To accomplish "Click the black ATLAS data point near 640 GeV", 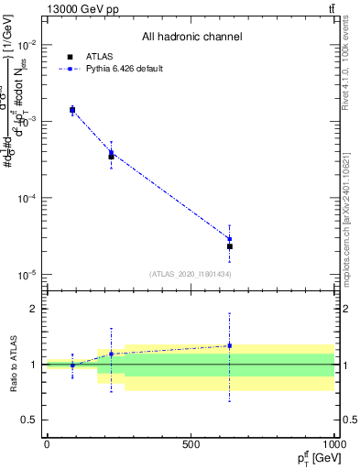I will click(x=230, y=246).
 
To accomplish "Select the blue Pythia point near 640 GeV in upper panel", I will click(x=230, y=239).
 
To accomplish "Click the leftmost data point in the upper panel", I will click(x=72, y=110).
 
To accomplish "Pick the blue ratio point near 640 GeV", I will click(x=230, y=345).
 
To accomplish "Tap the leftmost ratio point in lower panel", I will click(x=72, y=365).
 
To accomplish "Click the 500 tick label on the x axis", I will click(x=191, y=443).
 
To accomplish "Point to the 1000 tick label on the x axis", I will click(x=333, y=443).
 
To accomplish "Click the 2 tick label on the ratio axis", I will click(x=31, y=310).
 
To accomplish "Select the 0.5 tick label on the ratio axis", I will click(x=27, y=420).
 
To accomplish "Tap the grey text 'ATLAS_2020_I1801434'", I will click(x=191, y=274).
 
